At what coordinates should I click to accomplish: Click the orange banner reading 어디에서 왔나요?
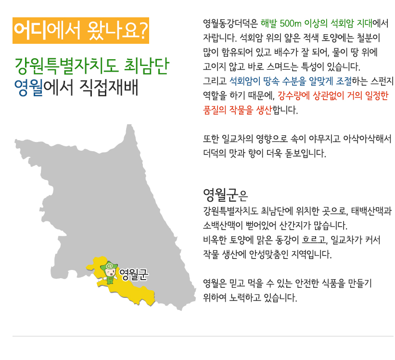coord(81,30)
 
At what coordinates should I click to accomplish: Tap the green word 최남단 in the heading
coord(146,66)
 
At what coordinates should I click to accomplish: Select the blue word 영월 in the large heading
coord(28,88)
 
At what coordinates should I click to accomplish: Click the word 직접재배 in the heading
coord(109,88)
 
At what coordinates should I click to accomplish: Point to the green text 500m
coord(291,24)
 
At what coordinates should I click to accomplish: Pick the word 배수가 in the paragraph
coord(286,52)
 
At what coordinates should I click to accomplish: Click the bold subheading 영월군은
coord(225,195)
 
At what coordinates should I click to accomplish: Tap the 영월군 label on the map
coord(134,275)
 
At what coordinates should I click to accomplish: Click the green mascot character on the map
coord(109,272)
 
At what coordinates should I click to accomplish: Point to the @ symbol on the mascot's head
coord(109,266)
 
